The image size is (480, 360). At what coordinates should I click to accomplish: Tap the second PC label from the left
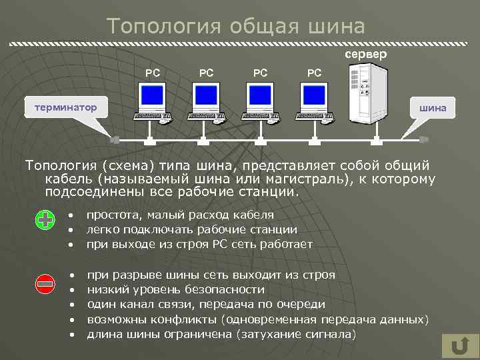[207, 71]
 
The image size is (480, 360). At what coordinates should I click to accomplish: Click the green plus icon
[45, 221]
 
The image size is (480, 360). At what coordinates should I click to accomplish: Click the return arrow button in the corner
[458, 347]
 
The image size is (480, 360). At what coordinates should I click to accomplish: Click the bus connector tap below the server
[378, 141]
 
